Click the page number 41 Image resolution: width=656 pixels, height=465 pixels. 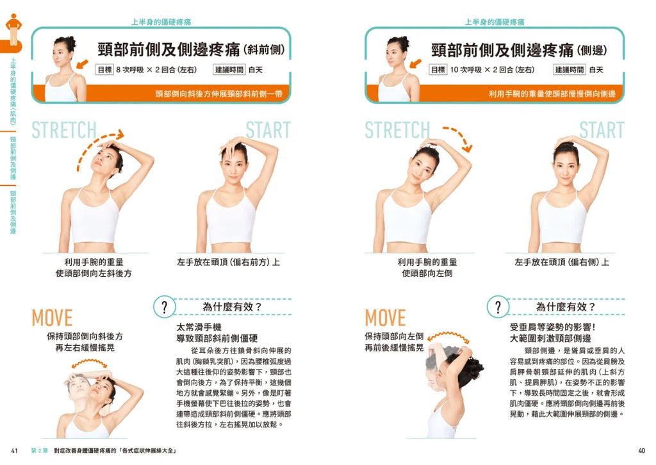[x=14, y=450]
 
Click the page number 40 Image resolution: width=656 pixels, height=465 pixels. [x=641, y=450]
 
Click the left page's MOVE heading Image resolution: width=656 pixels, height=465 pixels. [x=52, y=318]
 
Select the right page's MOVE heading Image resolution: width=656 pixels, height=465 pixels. [x=385, y=318]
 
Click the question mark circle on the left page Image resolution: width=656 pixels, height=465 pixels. [x=164, y=307]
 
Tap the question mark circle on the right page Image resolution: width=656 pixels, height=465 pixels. [x=497, y=307]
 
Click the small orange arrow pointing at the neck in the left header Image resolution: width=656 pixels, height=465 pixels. [x=82, y=64]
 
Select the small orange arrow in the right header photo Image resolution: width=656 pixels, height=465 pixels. [x=415, y=63]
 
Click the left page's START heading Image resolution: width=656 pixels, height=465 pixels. [x=268, y=130]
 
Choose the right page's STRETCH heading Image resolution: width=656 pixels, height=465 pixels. [x=397, y=130]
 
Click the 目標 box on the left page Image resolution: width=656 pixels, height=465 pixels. [x=104, y=70]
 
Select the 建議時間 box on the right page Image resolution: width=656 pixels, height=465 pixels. [x=569, y=70]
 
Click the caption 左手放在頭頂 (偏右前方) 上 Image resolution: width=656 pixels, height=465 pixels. [x=229, y=262]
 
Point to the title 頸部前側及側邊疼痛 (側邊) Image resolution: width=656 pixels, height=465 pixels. [x=519, y=50]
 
